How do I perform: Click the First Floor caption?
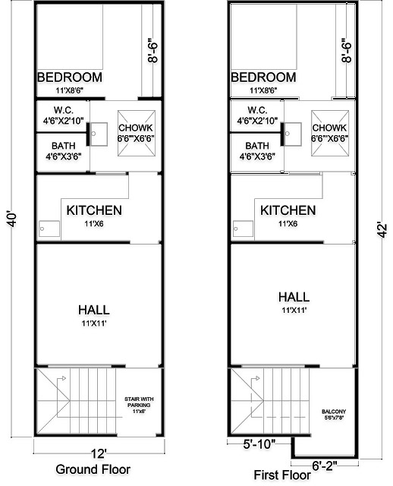point(289,475)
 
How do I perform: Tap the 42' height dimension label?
point(379,229)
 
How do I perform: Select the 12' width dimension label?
point(98,454)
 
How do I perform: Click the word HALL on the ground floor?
point(94,310)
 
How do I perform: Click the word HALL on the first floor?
point(292,297)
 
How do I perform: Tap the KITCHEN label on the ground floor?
point(94,210)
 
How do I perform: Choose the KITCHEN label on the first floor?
point(288,210)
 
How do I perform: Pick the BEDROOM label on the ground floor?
point(71,77)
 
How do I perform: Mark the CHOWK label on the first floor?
point(330,128)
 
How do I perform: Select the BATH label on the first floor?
point(257,146)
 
